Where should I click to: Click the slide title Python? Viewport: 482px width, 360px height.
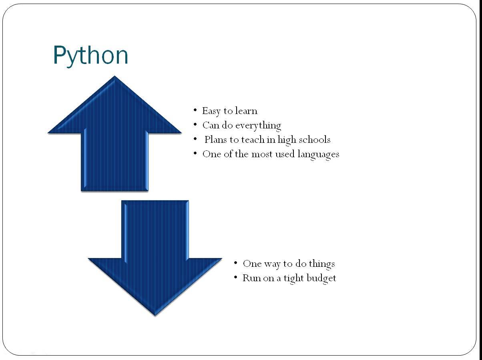coord(90,56)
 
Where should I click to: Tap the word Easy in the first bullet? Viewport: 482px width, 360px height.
coord(211,111)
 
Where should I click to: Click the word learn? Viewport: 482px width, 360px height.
coord(246,110)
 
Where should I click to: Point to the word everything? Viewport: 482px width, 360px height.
coord(258,126)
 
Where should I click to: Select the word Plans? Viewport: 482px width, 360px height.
coord(216,139)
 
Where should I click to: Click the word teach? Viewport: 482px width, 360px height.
coord(253,139)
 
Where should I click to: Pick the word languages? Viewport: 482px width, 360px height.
coord(318,154)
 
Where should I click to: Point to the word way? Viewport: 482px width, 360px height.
coord(272,264)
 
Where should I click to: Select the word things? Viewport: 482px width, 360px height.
coord(322,264)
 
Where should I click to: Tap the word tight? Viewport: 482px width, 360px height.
coord(294,278)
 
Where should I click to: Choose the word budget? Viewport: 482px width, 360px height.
coord(321,278)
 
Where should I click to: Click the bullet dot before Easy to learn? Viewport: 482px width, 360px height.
coord(195,110)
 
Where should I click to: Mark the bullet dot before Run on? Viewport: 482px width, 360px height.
coord(236,278)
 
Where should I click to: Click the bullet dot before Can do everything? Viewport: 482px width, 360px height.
coord(195,124)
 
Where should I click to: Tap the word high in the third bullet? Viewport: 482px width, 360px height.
coord(287,140)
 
